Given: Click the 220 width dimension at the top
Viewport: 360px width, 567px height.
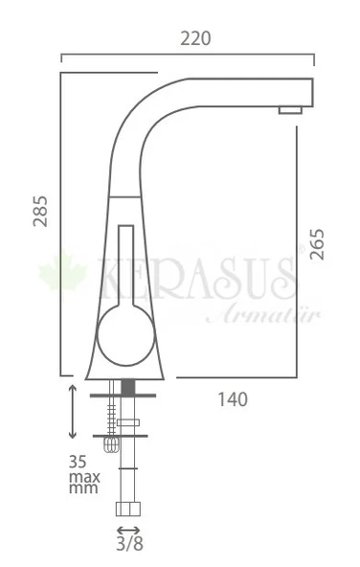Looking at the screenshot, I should coord(195,38).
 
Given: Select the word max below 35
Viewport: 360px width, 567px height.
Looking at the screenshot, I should coord(83,475).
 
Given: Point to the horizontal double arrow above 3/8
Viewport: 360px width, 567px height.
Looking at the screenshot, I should coord(128,530).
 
